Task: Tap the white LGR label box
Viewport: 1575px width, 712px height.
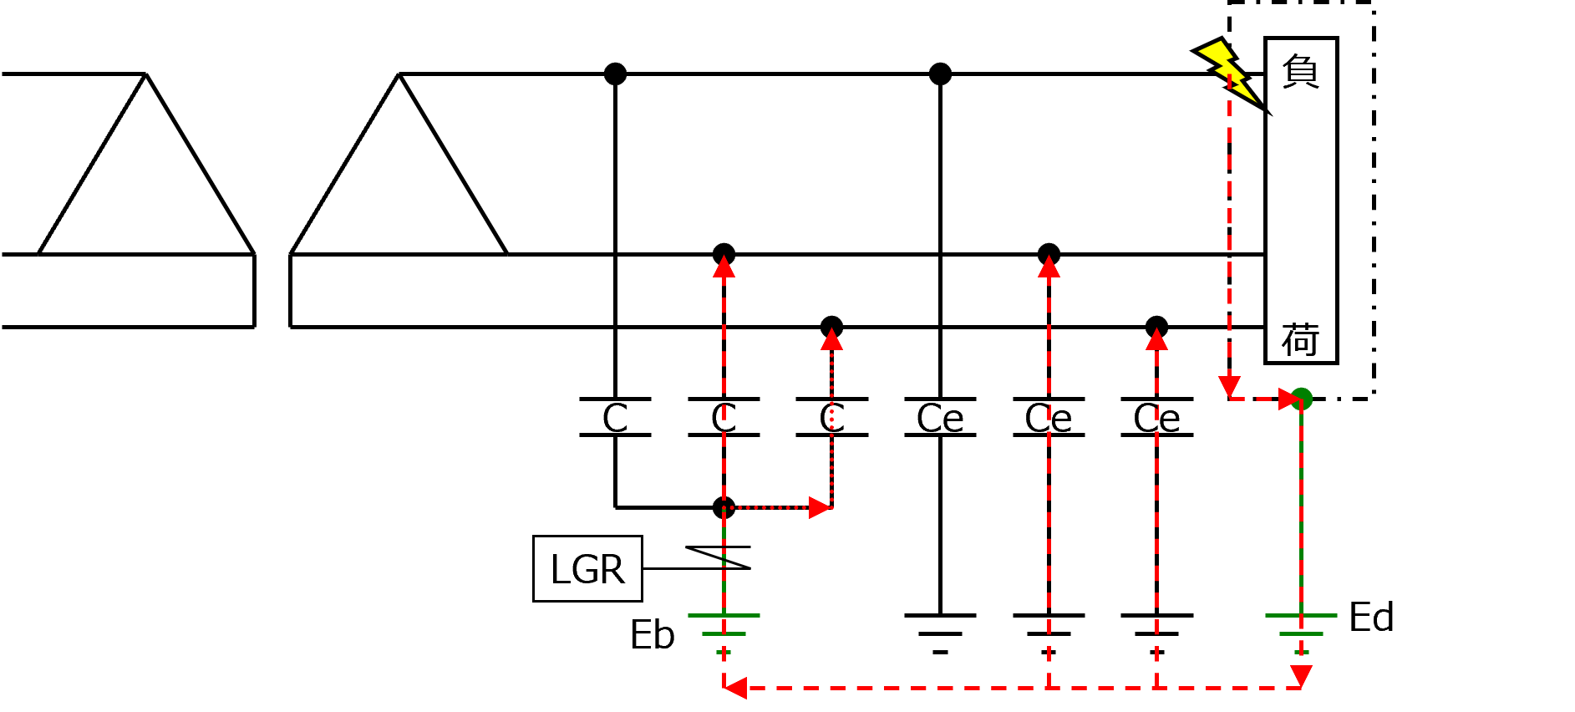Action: [x=587, y=568]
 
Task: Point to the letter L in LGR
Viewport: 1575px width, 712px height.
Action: [x=560, y=570]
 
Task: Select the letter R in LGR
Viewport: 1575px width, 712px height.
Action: [x=612, y=570]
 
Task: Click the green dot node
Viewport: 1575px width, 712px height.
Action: [x=1302, y=399]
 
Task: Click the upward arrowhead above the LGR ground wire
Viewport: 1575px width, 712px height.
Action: [x=724, y=267]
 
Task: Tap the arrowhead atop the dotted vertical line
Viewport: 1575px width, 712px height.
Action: [x=831, y=339]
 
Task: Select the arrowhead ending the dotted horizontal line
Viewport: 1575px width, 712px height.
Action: [x=820, y=507]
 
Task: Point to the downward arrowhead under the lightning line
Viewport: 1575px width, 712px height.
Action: [x=1229, y=387]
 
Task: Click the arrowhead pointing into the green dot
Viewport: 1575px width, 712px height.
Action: [x=1288, y=399]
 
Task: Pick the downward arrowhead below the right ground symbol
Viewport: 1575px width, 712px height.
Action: [x=1301, y=675]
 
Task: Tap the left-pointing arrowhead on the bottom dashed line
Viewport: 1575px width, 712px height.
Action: [x=735, y=688]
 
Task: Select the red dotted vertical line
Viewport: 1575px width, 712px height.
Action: [x=831, y=426]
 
